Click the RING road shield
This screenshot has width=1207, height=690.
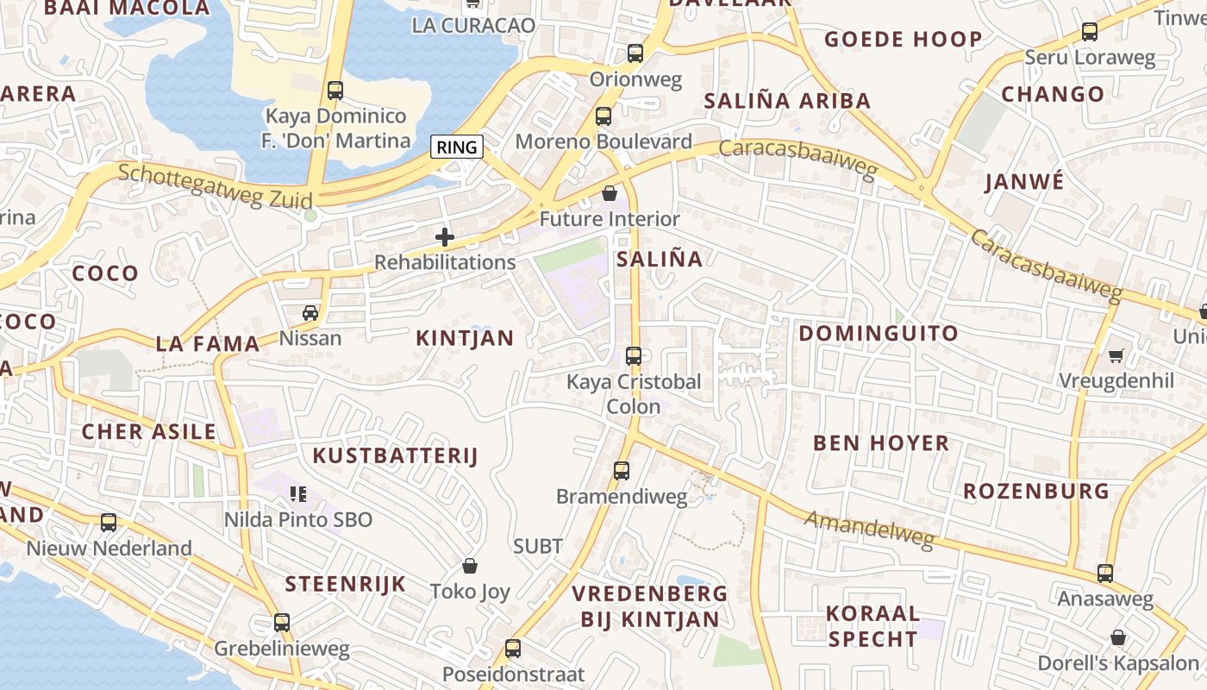tap(457, 147)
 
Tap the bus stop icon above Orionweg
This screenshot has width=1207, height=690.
tap(635, 53)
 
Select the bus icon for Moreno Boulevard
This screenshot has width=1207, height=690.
tap(603, 116)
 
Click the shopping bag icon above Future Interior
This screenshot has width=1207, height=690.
tap(610, 193)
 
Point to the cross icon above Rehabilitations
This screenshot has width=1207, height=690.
tap(445, 237)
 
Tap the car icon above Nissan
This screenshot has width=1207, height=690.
tap(310, 312)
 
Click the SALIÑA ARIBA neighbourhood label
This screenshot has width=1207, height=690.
tap(787, 100)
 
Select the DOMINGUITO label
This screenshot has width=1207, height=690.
tap(878, 333)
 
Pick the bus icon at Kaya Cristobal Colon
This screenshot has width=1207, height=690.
tap(634, 355)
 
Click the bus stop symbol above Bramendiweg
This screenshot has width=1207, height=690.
tap(622, 470)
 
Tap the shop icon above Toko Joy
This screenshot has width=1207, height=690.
tap(470, 566)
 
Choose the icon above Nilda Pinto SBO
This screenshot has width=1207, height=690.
tap(298, 493)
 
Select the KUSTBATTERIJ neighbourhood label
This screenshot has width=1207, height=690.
tap(395, 455)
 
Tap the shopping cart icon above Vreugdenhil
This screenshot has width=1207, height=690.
tap(1116, 354)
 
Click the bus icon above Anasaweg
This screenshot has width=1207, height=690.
tap(1105, 573)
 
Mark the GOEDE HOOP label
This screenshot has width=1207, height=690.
tap(903, 39)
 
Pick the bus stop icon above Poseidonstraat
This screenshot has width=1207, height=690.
tap(513, 648)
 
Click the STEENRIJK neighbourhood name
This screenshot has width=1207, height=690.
tap(345, 583)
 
